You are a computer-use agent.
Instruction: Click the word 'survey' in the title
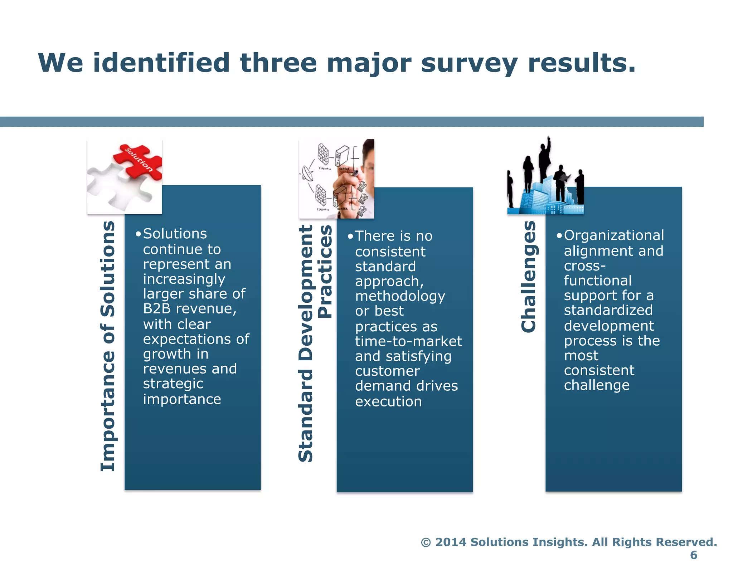tap(469, 63)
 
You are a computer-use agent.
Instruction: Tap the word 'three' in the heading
tap(278, 63)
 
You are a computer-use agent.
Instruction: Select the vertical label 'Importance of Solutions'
tap(107, 346)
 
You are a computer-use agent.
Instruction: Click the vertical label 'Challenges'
tap(529, 277)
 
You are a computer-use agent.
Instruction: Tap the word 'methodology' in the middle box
tap(400, 296)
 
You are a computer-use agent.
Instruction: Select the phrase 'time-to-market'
tap(408, 341)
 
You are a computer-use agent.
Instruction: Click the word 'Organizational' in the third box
tap(614, 235)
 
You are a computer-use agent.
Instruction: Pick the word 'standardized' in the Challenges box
tap(608, 310)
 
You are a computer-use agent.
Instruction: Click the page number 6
tap(694, 555)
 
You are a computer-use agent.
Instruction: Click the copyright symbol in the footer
tap(426, 542)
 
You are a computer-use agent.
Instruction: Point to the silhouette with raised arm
tap(545, 157)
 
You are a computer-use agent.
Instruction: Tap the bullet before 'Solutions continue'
tap(138, 234)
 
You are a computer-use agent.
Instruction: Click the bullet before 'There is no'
tap(350, 236)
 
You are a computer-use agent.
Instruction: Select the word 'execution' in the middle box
tap(388, 401)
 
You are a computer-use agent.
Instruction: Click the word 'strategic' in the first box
tap(173, 384)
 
